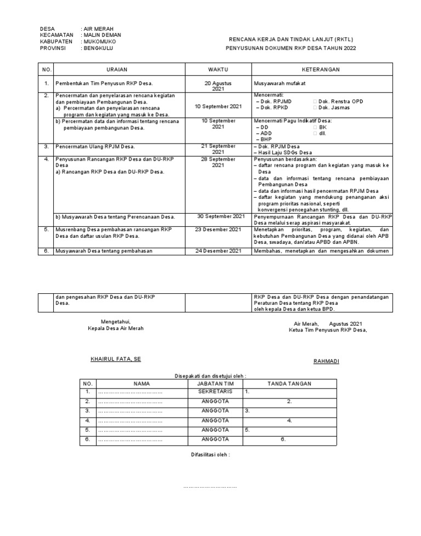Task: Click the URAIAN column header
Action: (x=119, y=70)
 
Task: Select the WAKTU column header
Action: (x=218, y=70)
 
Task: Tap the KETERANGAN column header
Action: (x=321, y=70)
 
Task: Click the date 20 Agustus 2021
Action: (x=218, y=86)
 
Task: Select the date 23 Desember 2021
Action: (x=218, y=229)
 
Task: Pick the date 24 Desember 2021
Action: (x=218, y=251)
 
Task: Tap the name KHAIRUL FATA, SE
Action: (x=116, y=359)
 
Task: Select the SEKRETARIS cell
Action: (x=215, y=392)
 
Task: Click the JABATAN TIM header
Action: (x=215, y=384)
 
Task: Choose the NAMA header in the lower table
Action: (x=141, y=384)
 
